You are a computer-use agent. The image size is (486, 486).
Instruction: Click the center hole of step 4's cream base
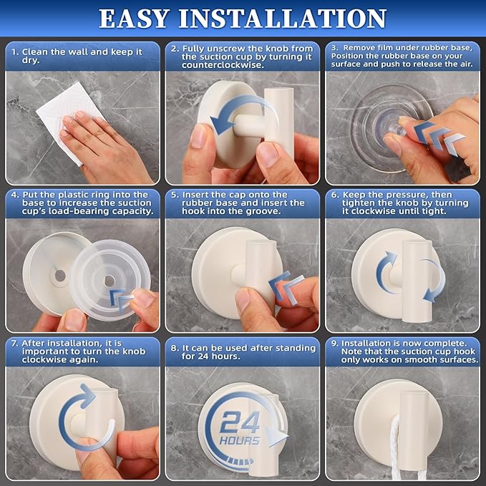(x=60, y=275)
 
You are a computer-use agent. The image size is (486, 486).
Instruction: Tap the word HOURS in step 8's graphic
(x=240, y=439)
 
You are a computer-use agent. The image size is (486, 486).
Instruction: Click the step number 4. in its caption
(x=14, y=195)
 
